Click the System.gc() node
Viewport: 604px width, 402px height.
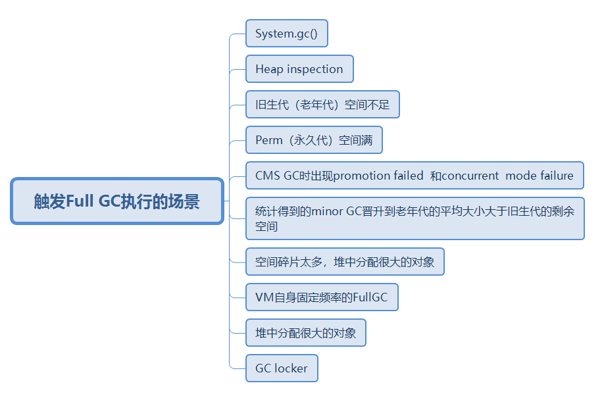[286, 34]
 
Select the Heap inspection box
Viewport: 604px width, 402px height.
[299, 69]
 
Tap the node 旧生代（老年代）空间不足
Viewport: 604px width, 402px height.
[322, 105]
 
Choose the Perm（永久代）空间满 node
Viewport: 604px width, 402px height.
[314, 140]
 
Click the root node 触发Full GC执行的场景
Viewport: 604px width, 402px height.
[117, 201]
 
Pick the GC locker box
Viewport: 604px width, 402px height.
[282, 368]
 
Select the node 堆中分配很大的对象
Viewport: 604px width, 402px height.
[305, 333]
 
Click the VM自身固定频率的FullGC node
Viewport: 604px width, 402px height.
[322, 297]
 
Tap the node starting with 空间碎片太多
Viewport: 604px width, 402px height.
[345, 262]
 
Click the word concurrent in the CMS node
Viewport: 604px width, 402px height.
[470, 176]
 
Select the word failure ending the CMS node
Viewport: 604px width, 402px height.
[557, 176]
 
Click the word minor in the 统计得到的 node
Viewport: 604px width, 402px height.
[328, 211]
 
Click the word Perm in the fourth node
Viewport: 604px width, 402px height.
[269, 140]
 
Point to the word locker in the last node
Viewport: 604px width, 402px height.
[291, 368]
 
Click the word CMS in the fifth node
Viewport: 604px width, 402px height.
[267, 176]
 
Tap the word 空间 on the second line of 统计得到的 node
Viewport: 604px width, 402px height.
[266, 226]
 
